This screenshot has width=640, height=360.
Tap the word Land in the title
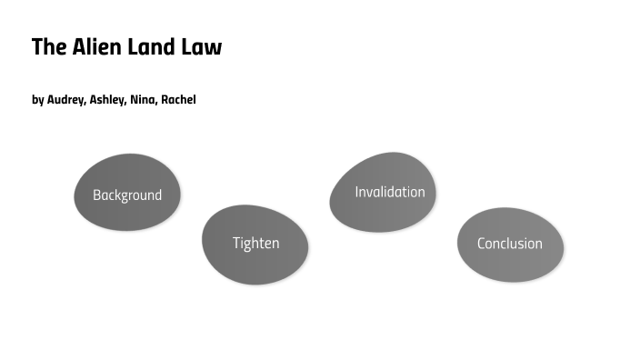153,47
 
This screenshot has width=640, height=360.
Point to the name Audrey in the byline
65,100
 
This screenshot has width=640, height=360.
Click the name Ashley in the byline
107,100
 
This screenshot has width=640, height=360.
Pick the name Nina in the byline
144,100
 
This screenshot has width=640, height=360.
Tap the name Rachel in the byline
178,100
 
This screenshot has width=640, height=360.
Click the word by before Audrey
37,100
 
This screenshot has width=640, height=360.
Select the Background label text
127,195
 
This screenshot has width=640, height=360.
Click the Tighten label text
255,243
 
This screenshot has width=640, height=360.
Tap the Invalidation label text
390,192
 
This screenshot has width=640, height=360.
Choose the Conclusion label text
510,244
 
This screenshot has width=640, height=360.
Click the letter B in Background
96,195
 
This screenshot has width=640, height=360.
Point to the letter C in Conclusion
482,244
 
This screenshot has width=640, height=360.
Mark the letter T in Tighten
236,243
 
